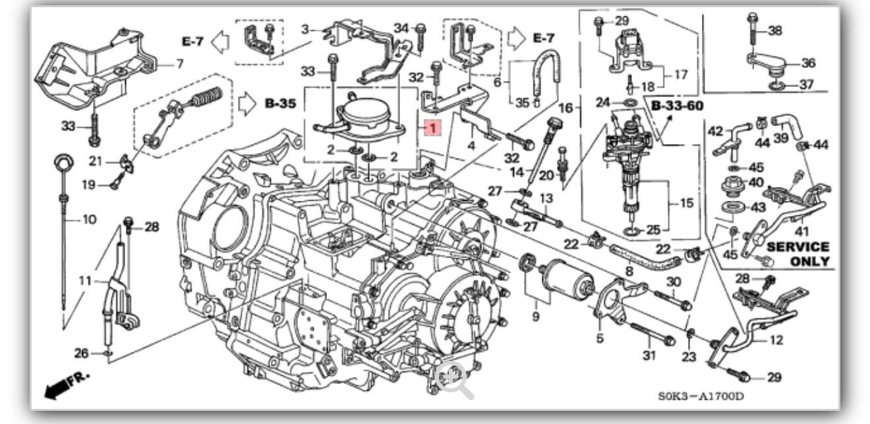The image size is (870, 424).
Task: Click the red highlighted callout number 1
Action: tap(430, 128)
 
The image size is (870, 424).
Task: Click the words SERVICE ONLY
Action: tap(797, 253)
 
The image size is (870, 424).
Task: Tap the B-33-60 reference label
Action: tap(677, 105)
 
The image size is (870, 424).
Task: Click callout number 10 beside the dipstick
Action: tap(89, 219)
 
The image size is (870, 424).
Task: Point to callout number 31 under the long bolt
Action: tap(650, 356)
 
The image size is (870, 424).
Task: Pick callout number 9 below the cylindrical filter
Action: tap(535, 317)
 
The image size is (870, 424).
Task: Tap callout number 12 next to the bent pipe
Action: tap(776, 340)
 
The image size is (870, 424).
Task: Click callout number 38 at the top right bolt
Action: tap(775, 30)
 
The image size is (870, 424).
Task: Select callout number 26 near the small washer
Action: tap(81, 354)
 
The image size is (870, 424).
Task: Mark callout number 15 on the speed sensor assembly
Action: tap(686, 203)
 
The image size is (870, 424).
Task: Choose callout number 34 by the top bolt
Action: tap(401, 28)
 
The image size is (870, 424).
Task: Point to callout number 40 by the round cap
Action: tap(755, 182)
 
